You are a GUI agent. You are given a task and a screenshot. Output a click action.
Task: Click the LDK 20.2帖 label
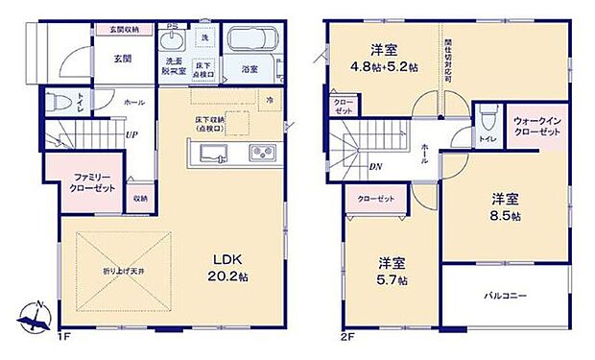[231, 267]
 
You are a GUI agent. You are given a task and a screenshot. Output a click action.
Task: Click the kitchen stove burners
[262, 154]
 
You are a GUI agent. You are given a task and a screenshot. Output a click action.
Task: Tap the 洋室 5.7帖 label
[390, 270]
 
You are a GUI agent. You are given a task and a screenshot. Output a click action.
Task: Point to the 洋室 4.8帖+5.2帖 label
[384, 60]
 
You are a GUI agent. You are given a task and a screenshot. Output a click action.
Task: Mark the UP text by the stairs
[130, 133]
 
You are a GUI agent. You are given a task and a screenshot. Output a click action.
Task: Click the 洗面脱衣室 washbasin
[173, 41]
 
